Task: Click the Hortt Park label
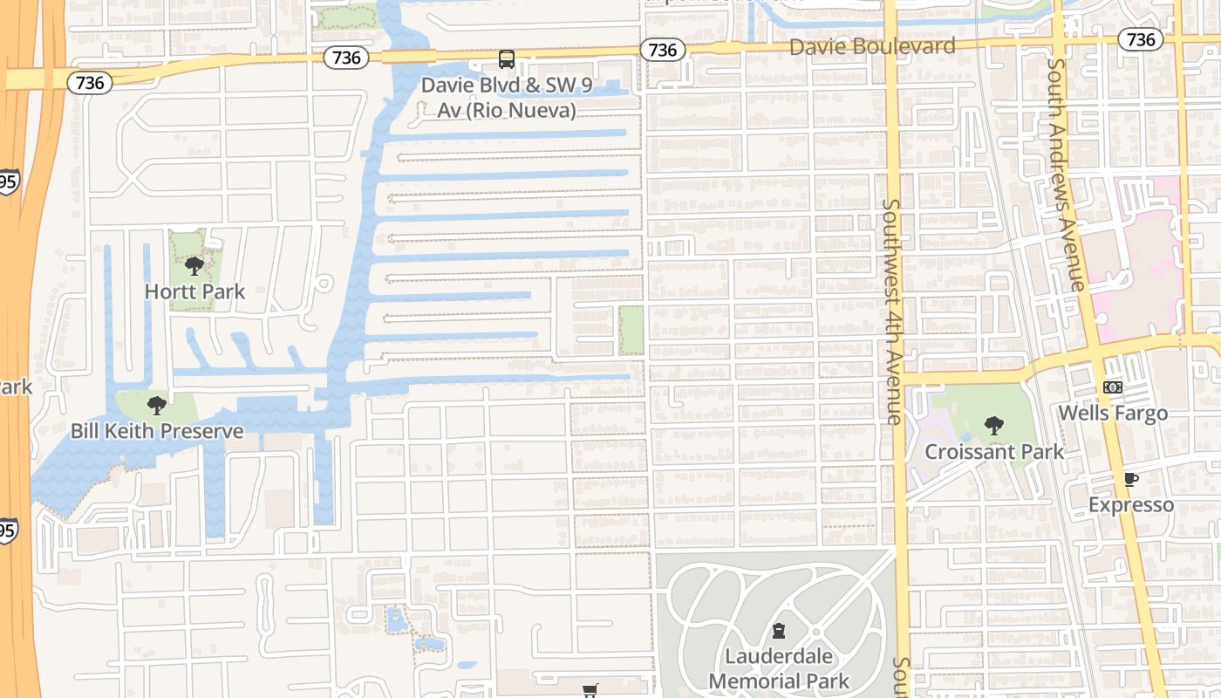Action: pyautogui.click(x=194, y=291)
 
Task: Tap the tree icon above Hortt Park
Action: pyautogui.click(x=194, y=265)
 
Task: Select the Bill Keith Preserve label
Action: pyautogui.click(x=157, y=431)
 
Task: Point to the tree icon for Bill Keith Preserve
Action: pyautogui.click(x=157, y=405)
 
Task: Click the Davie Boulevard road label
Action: pyautogui.click(x=872, y=46)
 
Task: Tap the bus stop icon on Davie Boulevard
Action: pyautogui.click(x=507, y=59)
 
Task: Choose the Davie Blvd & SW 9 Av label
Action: pyautogui.click(x=498, y=98)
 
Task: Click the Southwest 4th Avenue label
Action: pyautogui.click(x=892, y=311)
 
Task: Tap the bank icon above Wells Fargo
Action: pyautogui.click(x=1113, y=387)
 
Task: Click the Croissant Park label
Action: pyautogui.click(x=994, y=452)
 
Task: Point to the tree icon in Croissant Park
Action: pyautogui.click(x=993, y=426)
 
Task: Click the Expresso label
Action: pyautogui.click(x=1131, y=505)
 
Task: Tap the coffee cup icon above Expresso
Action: pyautogui.click(x=1131, y=479)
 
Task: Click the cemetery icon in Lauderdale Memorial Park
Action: pyautogui.click(x=779, y=631)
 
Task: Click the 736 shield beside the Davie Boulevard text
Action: pyautogui.click(x=662, y=50)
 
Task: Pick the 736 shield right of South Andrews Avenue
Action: pyautogui.click(x=1141, y=39)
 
